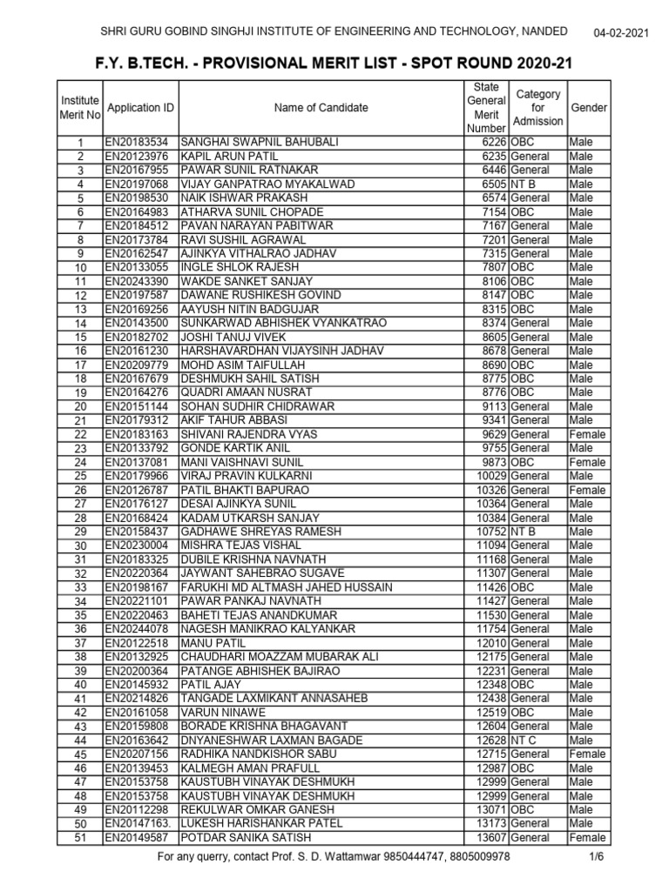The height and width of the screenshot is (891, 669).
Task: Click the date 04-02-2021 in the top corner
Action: (x=622, y=32)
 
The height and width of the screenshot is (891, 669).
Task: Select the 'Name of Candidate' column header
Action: (x=321, y=108)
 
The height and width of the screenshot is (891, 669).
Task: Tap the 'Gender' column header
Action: (x=589, y=108)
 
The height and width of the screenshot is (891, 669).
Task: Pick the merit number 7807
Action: (x=492, y=267)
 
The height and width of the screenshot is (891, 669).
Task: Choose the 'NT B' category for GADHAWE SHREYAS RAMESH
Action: (x=524, y=532)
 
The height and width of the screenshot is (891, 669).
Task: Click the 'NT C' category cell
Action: (x=524, y=740)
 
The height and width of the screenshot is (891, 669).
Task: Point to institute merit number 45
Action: (x=80, y=754)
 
